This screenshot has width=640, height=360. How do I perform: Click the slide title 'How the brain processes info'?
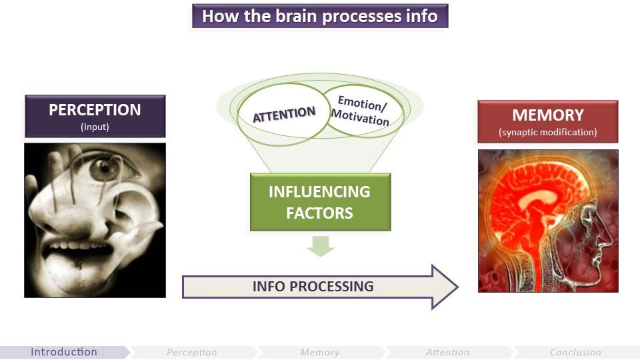(320, 16)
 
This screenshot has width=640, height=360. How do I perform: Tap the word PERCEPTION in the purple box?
(95, 110)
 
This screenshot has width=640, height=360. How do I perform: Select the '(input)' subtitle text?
(95, 127)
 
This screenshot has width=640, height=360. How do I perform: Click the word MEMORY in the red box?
(548, 115)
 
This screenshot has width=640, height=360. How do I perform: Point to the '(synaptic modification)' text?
(548, 132)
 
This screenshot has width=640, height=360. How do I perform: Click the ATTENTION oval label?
(283, 114)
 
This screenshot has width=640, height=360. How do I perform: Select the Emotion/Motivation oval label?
(363, 111)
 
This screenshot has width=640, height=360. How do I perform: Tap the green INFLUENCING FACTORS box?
(319, 202)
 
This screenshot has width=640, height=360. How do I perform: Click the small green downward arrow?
(320, 247)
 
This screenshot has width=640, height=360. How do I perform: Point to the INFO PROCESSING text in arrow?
(313, 287)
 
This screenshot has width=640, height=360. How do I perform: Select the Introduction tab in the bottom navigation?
(64, 352)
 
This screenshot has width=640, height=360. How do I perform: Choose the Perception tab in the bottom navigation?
(192, 352)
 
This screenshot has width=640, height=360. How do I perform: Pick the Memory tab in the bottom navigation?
(320, 352)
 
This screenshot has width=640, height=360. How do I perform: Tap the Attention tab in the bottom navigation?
(447, 352)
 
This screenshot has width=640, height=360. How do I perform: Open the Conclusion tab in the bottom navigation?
(575, 352)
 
